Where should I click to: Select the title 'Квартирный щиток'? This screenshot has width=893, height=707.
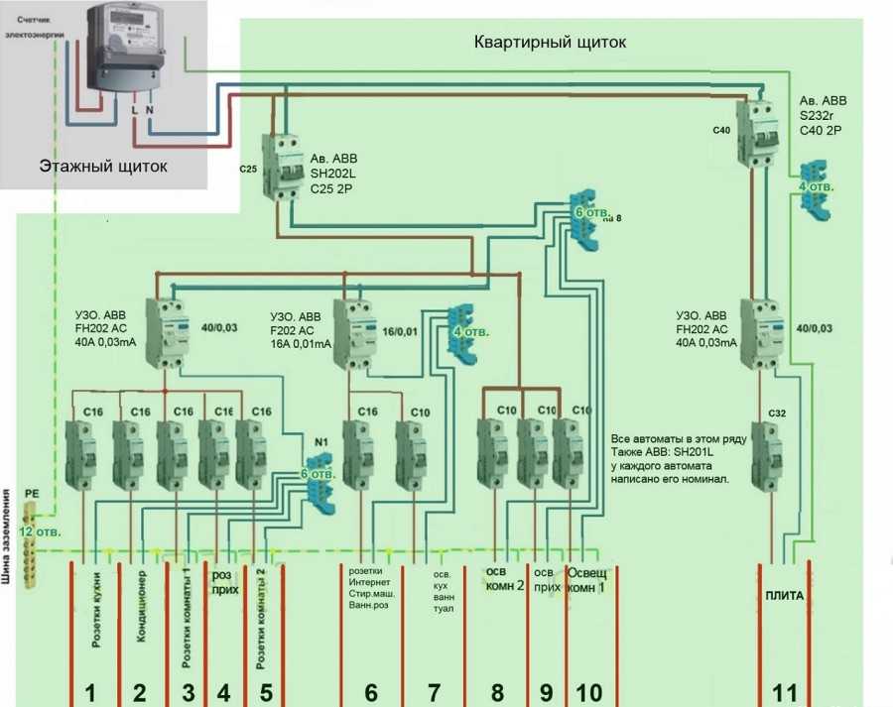pyautogui.click(x=551, y=43)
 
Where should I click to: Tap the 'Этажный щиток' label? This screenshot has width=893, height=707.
pyautogui.click(x=103, y=167)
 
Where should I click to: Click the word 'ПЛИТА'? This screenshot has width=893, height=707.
pyautogui.click(x=784, y=595)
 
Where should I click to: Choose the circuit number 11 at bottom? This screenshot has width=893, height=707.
pyautogui.click(x=784, y=692)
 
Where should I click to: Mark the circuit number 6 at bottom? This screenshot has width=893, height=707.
pyautogui.click(x=370, y=692)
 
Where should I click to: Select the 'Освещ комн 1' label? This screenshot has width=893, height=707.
pyautogui.click(x=588, y=579)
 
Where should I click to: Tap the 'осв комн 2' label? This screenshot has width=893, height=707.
pyautogui.click(x=504, y=579)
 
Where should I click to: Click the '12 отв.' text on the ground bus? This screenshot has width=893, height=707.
pyautogui.click(x=42, y=531)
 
